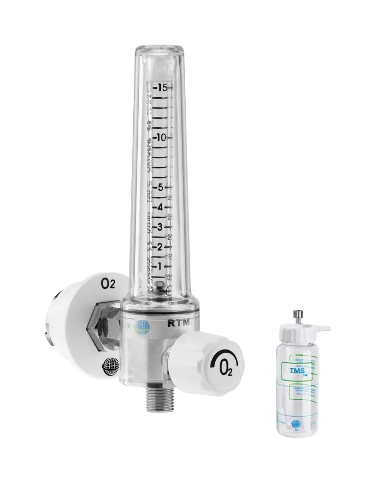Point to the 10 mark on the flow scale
pos(163,138)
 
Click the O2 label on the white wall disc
pos(108,284)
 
